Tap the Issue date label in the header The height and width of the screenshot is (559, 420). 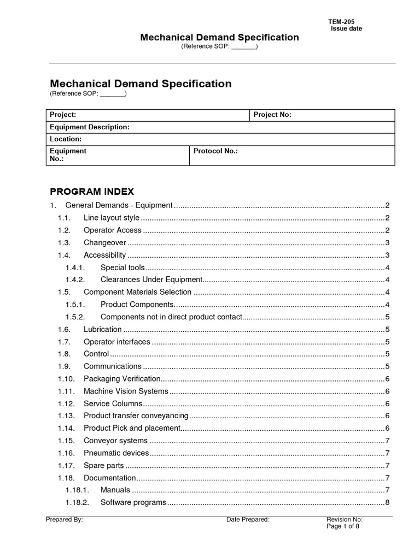(346, 28)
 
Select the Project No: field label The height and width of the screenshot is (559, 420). (272, 115)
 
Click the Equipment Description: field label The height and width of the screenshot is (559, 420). (90, 127)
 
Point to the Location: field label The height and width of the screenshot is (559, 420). (66, 139)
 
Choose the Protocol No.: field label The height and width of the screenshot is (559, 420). (215, 151)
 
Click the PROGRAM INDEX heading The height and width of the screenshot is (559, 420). (92, 192)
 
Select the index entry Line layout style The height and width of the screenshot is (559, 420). (111, 218)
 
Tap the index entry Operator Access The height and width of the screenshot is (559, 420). (112, 230)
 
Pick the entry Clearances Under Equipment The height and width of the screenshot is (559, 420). (151, 280)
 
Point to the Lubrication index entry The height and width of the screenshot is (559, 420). (102, 329)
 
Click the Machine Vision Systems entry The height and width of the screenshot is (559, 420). (126, 391)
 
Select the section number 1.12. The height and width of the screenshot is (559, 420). (66, 403)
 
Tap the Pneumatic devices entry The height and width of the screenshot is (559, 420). (116, 453)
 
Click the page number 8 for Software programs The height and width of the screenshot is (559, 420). (387, 503)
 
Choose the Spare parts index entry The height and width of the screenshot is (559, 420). (103, 466)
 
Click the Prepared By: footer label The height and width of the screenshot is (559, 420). (65, 520)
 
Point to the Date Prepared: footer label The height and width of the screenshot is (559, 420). (248, 520)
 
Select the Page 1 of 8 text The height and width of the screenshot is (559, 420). (343, 527)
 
